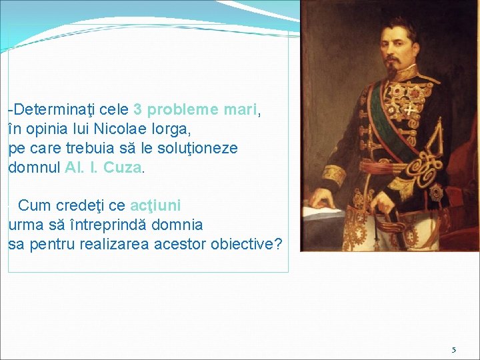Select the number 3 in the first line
tap(137, 109)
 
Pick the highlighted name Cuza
tap(123, 167)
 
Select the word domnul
tap(35, 167)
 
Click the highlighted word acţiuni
tap(155, 205)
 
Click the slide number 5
tap(454, 349)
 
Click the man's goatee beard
tap(395, 67)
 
